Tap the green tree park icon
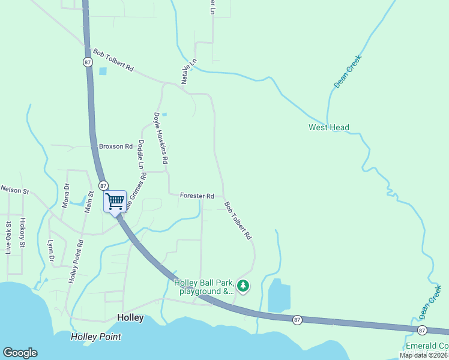pos(243,286)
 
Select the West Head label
pos(329,127)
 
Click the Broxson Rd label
pos(116,146)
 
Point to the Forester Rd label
pos(197,196)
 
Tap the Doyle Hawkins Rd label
pos(161,139)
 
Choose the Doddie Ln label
pos(141,154)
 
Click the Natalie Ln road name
pos(186,71)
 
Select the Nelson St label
pos(15,190)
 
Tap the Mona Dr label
pos(66,195)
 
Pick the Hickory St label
pos(22,232)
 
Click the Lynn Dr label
pos(51,251)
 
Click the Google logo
pos(20,353)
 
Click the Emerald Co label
pos(427,346)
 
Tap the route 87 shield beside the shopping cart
pos(103,185)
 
